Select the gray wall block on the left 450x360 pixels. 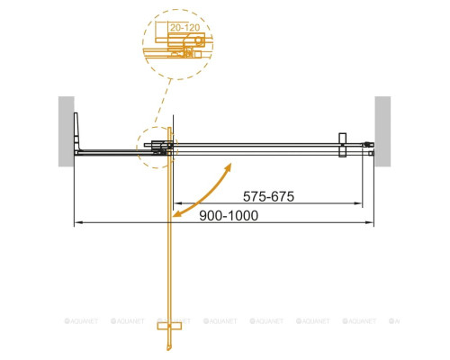[66, 130]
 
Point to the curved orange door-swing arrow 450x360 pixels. [206, 192]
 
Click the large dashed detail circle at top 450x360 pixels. [179, 41]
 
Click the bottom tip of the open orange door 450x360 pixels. [168, 352]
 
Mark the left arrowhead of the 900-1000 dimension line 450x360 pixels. [75, 221]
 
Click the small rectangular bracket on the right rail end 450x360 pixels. [342, 147]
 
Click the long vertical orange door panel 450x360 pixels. [168, 252]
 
